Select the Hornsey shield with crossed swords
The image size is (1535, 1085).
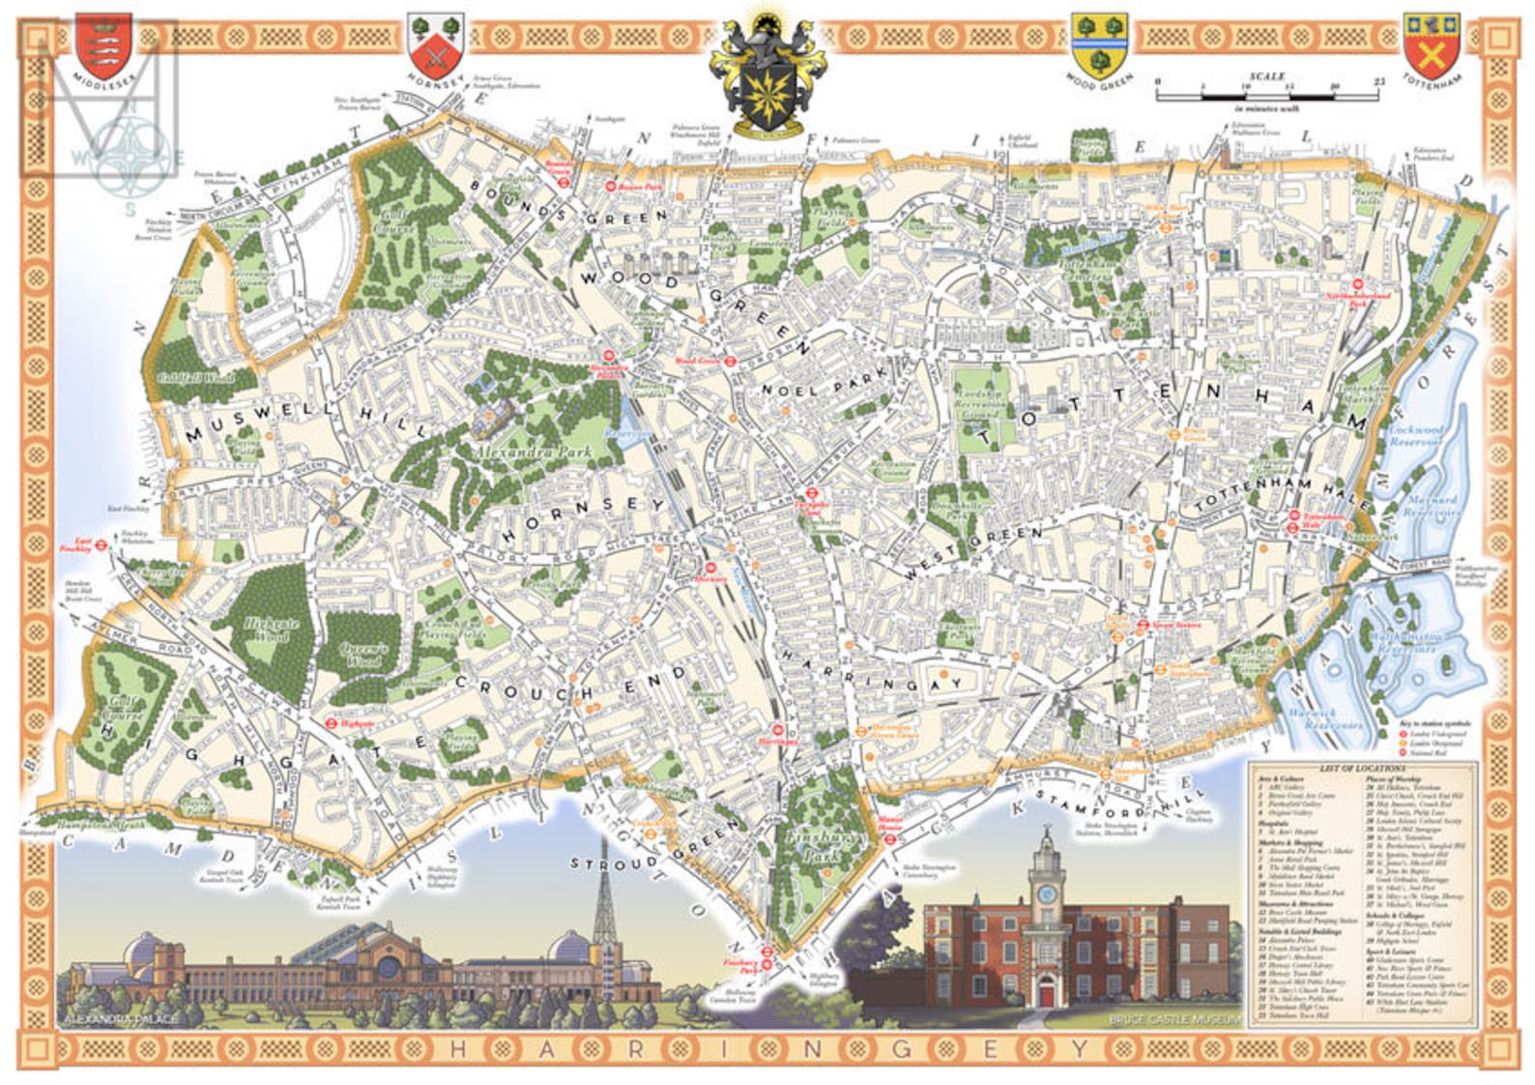[x=437, y=43]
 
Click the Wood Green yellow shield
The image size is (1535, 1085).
[x=1099, y=44]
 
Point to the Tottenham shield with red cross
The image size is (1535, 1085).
[x=1432, y=44]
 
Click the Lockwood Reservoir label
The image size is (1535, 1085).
[x=1414, y=435]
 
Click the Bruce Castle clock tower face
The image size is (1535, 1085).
[x=1046, y=894]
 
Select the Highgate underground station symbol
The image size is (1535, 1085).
[x=330, y=721]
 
